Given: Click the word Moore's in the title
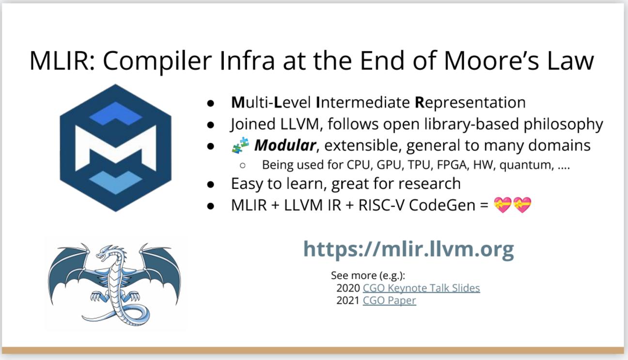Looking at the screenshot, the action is point(491,61).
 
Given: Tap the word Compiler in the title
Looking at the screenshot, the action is point(157,62).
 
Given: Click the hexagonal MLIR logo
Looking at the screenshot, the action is point(115,148).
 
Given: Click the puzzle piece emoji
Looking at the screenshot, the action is point(240,145).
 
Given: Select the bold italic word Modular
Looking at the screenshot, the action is point(285,145).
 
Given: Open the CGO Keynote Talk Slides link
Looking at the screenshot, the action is point(421,288).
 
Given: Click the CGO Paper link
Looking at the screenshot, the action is point(389,300).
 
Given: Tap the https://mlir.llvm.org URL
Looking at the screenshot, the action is point(409,249).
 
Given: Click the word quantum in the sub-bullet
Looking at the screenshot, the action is point(527,165).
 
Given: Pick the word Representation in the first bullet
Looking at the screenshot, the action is point(470,103).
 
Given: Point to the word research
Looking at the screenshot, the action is point(429,184).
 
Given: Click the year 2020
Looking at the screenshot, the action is point(348,288).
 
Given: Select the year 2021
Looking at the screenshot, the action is point(348,300).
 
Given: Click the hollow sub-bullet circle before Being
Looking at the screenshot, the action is point(243,165).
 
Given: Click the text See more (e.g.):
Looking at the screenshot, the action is point(368,276).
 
